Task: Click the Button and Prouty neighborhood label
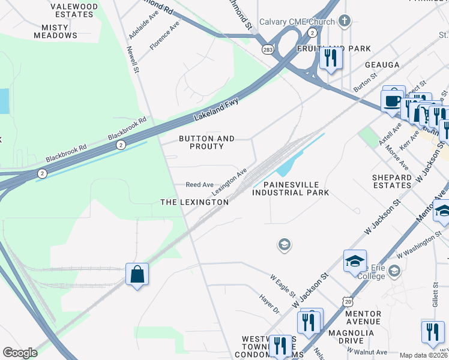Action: (x=207, y=142)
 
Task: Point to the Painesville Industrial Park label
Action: (x=291, y=188)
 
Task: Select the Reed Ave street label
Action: (x=200, y=185)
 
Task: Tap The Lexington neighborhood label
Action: (x=194, y=202)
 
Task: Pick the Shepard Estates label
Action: (x=392, y=181)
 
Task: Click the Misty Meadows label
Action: (x=59, y=31)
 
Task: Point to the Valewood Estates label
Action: (x=74, y=10)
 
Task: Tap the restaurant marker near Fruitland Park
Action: (x=330, y=58)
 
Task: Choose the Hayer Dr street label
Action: (x=270, y=303)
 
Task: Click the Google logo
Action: (x=20, y=353)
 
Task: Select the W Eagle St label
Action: (x=283, y=286)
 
